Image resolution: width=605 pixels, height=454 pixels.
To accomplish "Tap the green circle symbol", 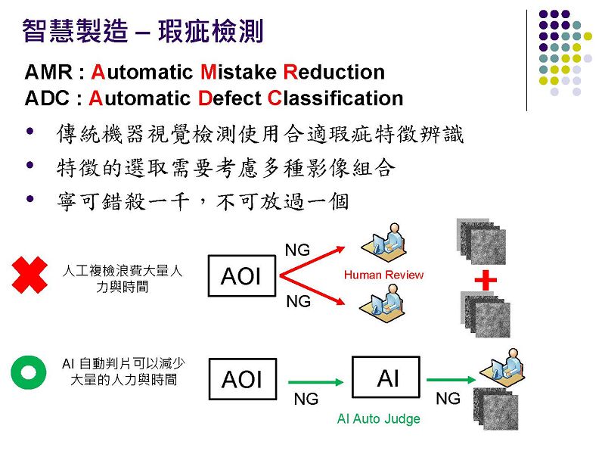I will [x=29, y=372].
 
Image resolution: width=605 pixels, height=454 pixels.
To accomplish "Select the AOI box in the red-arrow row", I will [x=240, y=276].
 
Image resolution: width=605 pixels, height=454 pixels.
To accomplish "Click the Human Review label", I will [x=383, y=275].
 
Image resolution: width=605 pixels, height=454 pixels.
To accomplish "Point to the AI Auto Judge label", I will [x=378, y=418].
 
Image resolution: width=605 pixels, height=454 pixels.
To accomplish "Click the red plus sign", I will [x=485, y=280].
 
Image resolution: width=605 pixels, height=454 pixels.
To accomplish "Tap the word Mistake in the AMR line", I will [x=240, y=73].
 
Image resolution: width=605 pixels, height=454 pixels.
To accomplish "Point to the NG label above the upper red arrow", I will [x=297, y=250].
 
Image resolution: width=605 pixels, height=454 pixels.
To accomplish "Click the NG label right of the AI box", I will [x=448, y=398].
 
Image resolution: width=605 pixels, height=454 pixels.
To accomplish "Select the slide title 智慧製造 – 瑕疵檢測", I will [x=143, y=31].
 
